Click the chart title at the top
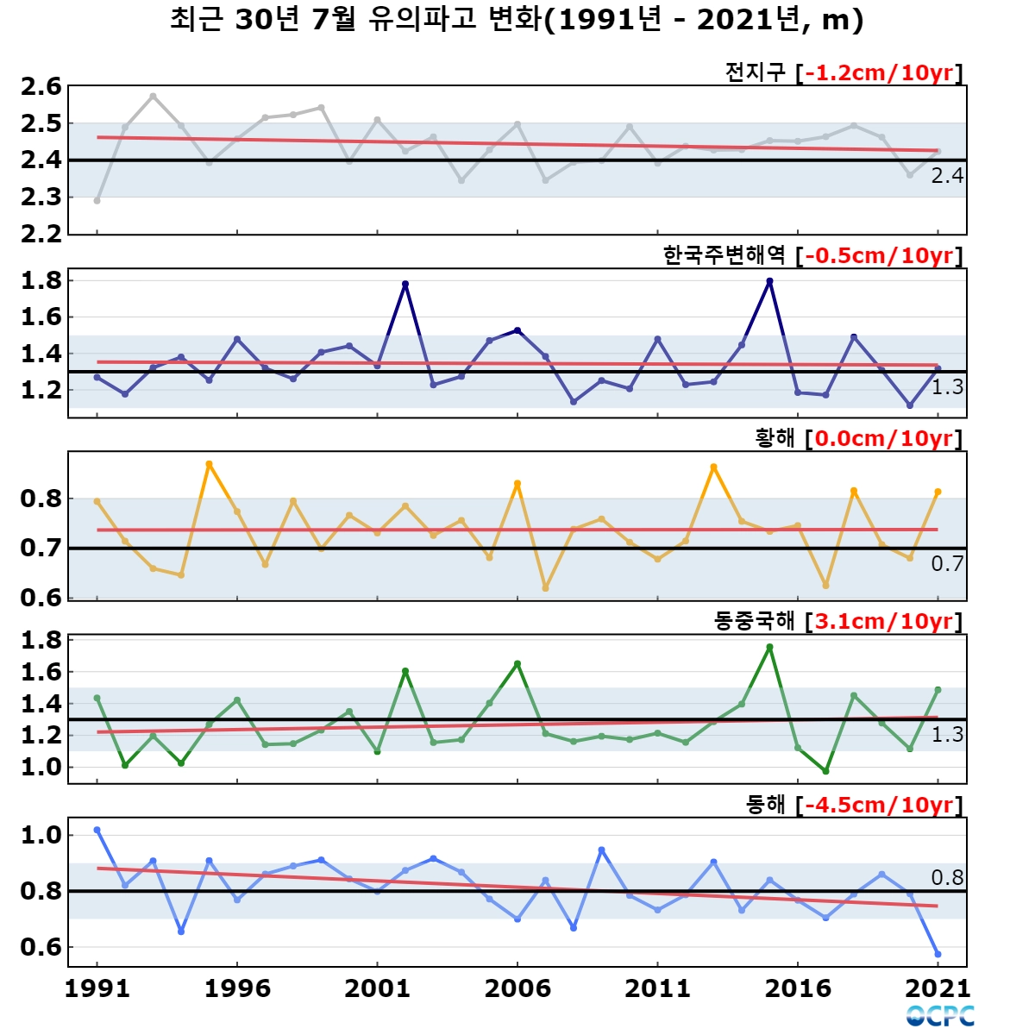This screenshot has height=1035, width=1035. (x=517, y=21)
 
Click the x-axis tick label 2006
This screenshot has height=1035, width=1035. (x=517, y=988)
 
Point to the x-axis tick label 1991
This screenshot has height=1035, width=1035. (x=97, y=988)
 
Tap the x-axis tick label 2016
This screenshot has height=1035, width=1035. (x=798, y=988)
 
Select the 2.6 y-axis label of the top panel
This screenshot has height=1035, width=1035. (x=41, y=86)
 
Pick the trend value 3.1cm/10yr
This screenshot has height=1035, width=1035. (x=883, y=621)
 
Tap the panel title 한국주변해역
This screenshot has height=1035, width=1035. (x=724, y=255)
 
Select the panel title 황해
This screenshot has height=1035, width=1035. (x=774, y=438)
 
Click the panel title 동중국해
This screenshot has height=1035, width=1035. (x=754, y=621)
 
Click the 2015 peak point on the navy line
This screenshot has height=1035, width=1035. (x=769, y=281)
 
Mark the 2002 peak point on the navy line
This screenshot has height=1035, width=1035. (x=405, y=284)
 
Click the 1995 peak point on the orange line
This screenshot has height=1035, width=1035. (x=210, y=464)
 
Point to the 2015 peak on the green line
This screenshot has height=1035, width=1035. (x=769, y=647)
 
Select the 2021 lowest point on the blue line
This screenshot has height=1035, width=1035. (x=938, y=954)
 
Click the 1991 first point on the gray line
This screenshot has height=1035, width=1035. (x=97, y=201)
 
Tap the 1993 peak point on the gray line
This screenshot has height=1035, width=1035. (x=153, y=96)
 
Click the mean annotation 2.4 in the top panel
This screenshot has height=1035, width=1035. (x=947, y=176)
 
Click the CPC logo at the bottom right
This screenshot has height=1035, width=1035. (x=940, y=1016)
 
